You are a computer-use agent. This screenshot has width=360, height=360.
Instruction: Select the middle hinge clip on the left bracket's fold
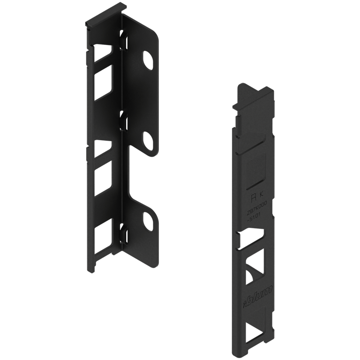123,120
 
